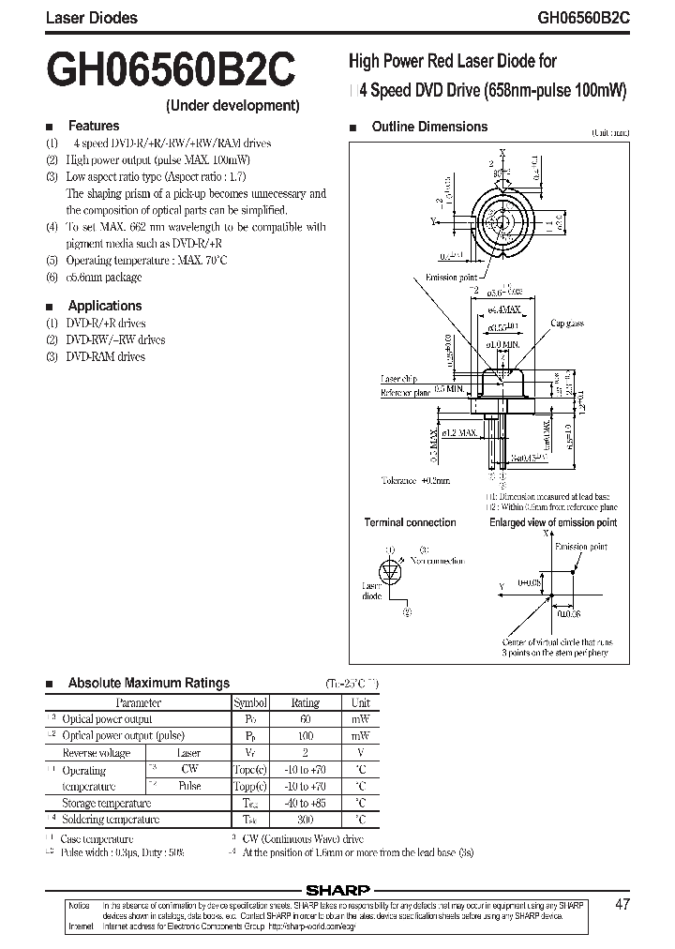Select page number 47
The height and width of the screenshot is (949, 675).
point(623,905)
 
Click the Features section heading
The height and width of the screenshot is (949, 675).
point(94,126)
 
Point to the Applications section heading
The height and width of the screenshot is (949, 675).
point(105,306)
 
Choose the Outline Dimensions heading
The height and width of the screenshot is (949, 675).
point(429,127)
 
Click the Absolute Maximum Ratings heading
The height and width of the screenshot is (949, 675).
point(148,683)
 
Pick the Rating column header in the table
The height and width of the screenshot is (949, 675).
point(305,702)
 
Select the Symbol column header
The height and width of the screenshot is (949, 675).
point(250,702)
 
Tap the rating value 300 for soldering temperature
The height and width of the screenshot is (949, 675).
point(305,820)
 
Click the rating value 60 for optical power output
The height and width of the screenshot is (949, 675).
point(305,719)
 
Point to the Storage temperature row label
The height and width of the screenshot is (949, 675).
point(106,804)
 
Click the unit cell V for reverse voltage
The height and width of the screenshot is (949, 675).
point(360,753)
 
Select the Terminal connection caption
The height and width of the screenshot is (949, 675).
point(410,522)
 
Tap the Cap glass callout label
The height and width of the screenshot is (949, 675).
point(567,323)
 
